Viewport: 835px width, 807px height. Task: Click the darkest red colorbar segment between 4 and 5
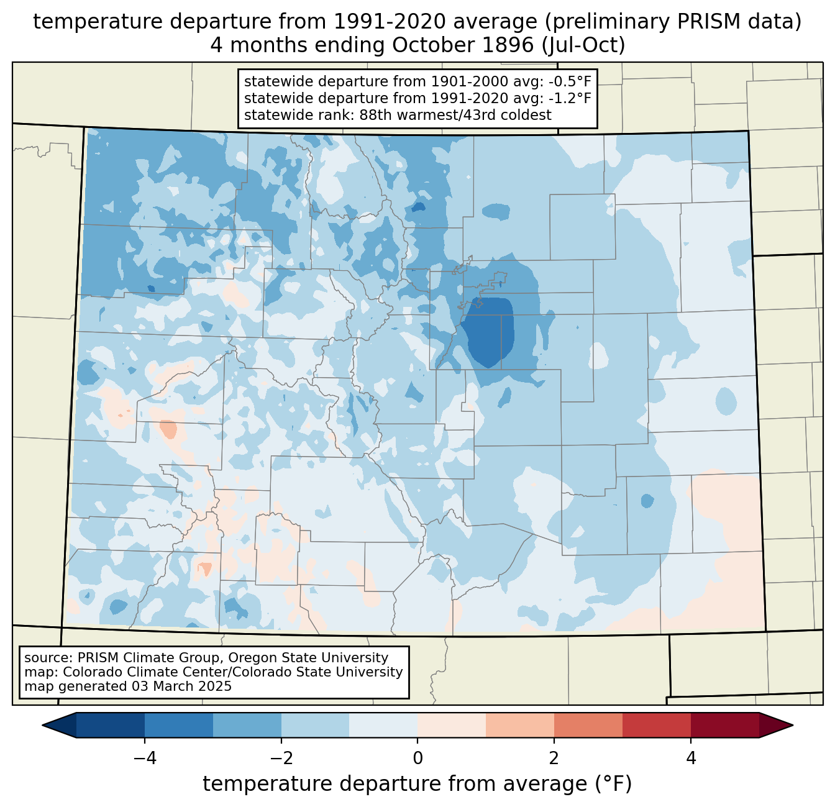(724, 725)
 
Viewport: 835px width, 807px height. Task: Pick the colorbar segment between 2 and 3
(588, 725)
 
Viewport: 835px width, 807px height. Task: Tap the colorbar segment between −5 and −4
(111, 725)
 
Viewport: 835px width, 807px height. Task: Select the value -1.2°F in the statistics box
(568, 98)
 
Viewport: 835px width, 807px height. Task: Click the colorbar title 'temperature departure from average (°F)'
(417, 784)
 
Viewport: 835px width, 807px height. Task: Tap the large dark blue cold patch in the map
(491, 332)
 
